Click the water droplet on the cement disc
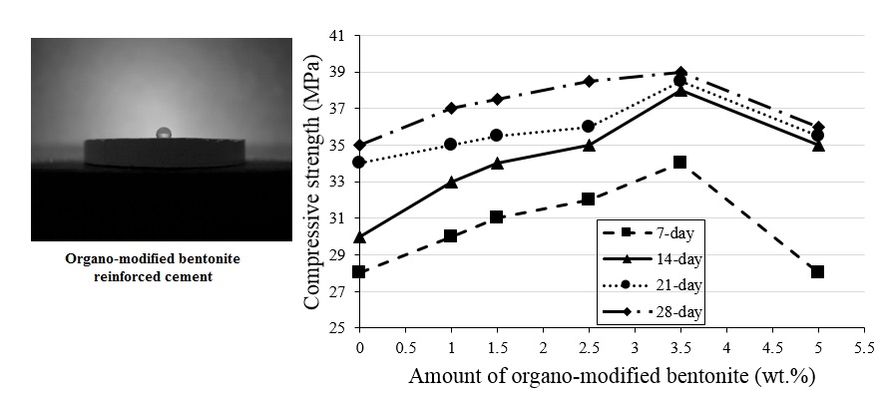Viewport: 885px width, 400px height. coord(164,134)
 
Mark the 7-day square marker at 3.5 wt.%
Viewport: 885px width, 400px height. coord(679,163)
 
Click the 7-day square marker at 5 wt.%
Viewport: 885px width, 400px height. coord(817,272)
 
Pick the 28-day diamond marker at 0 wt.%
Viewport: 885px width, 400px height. coord(359,146)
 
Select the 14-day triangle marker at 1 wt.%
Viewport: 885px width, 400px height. coord(451,182)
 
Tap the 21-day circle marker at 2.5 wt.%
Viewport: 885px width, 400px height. coord(589,127)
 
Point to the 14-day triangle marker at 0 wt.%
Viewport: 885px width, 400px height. coord(359,236)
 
